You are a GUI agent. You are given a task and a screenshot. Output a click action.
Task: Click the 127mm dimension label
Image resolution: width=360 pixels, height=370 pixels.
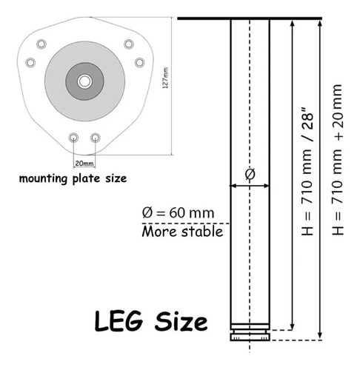pyautogui.click(x=165, y=78)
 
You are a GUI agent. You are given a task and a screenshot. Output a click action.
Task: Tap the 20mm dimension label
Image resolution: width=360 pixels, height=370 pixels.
pyautogui.click(x=84, y=164)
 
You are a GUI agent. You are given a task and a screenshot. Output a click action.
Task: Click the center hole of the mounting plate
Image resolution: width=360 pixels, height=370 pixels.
pyautogui.click(x=84, y=81)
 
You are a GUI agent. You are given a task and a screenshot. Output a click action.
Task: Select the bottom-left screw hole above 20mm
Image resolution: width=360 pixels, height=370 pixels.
pyautogui.click(x=73, y=138)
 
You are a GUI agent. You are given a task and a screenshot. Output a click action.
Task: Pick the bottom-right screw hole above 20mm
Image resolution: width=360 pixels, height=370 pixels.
pyautogui.click(x=96, y=138)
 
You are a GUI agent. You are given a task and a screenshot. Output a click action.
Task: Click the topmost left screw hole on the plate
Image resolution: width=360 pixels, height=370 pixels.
pyautogui.click(x=41, y=44)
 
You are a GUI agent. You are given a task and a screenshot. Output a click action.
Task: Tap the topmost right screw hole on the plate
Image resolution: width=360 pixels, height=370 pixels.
pyautogui.click(x=129, y=44)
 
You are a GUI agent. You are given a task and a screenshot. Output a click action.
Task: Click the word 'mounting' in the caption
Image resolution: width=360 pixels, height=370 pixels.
pyautogui.click(x=43, y=178)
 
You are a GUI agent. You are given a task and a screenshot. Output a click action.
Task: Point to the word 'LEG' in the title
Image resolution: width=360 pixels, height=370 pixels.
pyautogui.click(x=119, y=320)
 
